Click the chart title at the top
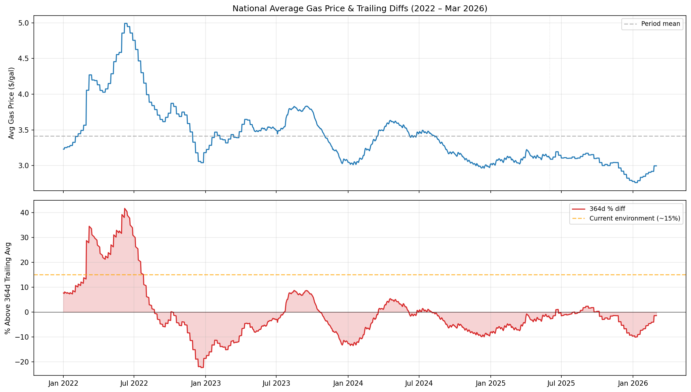tap(360, 9)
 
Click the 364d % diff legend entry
tap(607, 209)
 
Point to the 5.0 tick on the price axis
tap(25, 23)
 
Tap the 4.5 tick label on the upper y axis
tap(25, 59)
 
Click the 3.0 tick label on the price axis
tap(25, 166)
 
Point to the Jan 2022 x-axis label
tap(63, 384)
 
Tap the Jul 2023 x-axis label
tap(276, 384)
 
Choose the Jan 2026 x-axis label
tap(633, 384)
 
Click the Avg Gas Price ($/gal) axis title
tap(11, 103)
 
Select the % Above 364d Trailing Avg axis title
tap(8, 288)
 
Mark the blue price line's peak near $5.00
tap(126, 24)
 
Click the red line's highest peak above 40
tap(125, 209)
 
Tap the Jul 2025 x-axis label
tap(561, 384)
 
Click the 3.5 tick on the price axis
tap(25, 130)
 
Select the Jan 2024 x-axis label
tap(348, 384)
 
